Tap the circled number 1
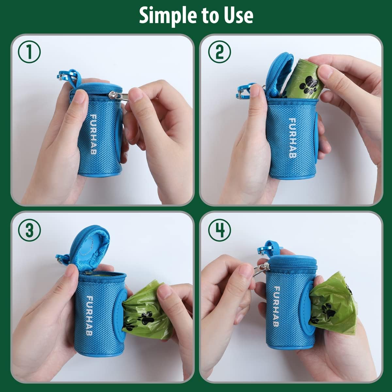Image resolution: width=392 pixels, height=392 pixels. [29, 53]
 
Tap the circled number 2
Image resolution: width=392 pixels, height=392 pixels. [219, 52]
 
